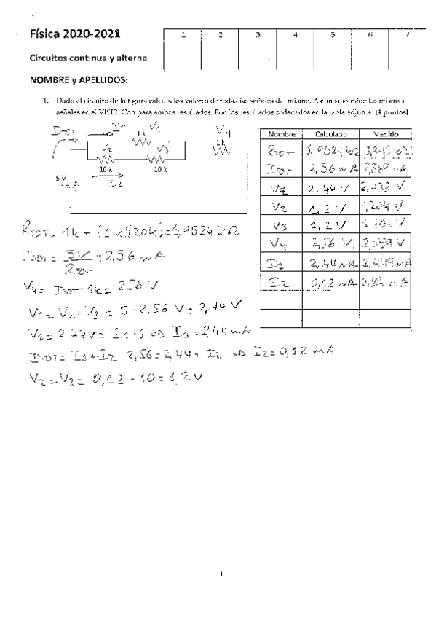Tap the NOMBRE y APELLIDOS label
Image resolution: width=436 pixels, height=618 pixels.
pyautogui.click(x=78, y=79)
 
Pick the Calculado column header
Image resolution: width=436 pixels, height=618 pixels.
pyautogui.click(x=330, y=135)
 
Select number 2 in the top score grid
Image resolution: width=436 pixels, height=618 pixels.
pyautogui.click(x=221, y=35)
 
